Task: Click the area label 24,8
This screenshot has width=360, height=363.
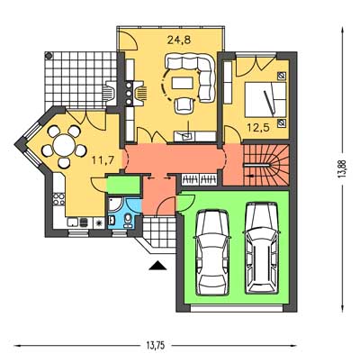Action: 179,40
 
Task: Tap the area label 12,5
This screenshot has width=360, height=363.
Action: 258,127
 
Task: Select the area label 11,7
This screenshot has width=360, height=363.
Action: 103,160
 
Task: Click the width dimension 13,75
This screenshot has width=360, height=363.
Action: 156,346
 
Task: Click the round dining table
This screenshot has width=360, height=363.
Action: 64,145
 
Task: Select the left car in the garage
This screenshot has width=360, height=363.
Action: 212,252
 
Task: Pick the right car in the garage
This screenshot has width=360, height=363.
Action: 262,248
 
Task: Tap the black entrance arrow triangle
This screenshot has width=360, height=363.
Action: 157,266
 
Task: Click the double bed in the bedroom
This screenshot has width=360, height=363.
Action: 265,99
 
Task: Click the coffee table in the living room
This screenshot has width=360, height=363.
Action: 183,83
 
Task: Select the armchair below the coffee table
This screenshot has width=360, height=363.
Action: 184,105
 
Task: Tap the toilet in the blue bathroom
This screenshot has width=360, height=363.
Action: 128,220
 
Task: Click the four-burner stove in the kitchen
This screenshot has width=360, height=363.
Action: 58,199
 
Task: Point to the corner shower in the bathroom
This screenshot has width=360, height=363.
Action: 115,204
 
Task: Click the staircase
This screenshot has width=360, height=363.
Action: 265,165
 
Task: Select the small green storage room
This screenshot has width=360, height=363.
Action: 123,186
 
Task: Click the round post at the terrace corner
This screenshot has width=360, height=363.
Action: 49,55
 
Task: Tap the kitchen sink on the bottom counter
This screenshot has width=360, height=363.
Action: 73,222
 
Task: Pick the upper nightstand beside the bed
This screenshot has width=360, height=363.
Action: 282,77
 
